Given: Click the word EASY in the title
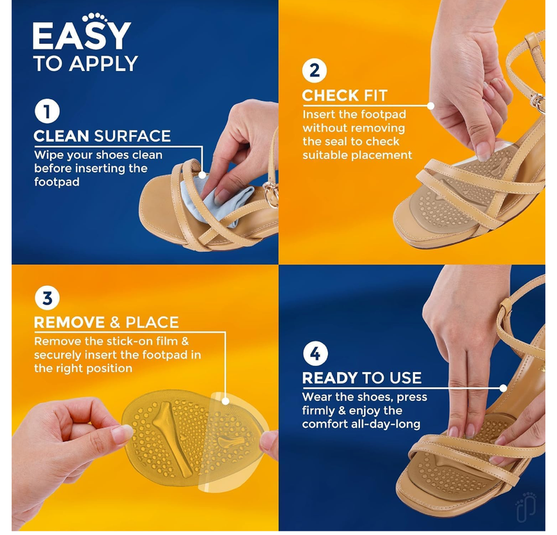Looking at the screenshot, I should (x=81, y=37).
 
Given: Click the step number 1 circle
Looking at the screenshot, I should (x=47, y=112).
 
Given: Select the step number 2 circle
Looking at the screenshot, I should (x=315, y=71).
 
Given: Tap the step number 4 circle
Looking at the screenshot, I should (x=315, y=353).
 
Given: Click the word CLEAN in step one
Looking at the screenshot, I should (x=62, y=136).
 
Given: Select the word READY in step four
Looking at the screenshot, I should (x=330, y=378).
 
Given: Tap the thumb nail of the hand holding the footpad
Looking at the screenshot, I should (x=123, y=433).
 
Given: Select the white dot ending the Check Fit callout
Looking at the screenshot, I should (x=431, y=106).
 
